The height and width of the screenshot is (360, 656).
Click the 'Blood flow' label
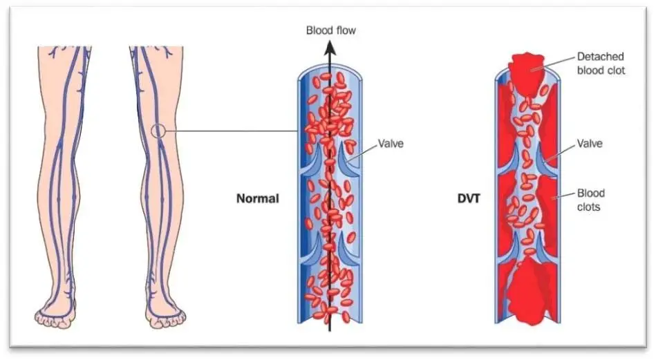(331, 30)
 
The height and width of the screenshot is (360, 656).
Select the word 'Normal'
(258, 198)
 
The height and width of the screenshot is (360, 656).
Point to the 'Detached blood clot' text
(601, 64)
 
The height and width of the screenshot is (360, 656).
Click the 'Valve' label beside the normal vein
(391, 144)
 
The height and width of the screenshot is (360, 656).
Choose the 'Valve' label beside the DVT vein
(590, 144)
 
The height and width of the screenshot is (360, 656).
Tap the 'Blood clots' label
(592, 199)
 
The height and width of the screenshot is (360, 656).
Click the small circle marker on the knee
(159, 131)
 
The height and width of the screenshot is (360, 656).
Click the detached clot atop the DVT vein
(529, 69)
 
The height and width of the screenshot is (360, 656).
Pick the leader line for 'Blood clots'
(565, 196)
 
